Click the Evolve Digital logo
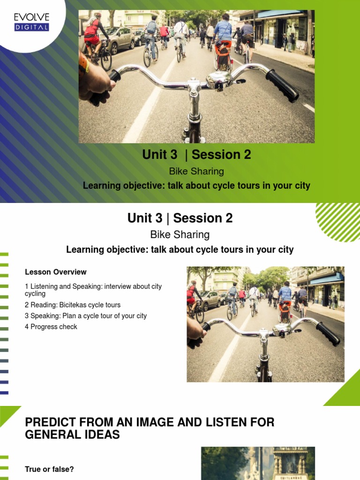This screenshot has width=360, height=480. [31, 22]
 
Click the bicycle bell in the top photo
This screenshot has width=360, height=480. [219, 80]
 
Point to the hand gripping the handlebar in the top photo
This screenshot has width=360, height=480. [94, 83]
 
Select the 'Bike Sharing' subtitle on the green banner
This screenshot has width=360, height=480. [196, 171]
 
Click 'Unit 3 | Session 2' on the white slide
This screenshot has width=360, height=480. [180, 218]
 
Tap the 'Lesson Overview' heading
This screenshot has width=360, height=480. [56, 272]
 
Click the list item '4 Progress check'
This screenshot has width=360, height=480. [51, 327]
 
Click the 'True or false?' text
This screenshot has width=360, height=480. [49, 469]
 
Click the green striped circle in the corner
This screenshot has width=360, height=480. [338, 222]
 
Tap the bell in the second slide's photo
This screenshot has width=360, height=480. [283, 329]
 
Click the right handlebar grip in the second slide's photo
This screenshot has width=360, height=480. [328, 334]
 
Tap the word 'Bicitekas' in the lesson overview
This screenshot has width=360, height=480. [74, 305]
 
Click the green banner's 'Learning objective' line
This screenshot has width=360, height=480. [196, 186]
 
